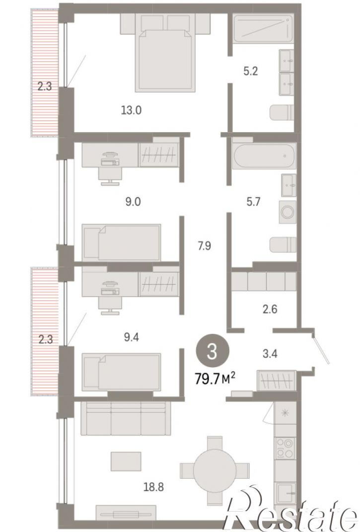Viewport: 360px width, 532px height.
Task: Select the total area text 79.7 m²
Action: tap(215, 378)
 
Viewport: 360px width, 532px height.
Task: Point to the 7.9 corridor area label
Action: tap(205, 245)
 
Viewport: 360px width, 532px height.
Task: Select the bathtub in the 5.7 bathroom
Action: tap(264, 155)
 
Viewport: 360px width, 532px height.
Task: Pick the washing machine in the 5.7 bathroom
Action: tap(288, 212)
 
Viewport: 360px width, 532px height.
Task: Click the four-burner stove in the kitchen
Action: tap(285, 448)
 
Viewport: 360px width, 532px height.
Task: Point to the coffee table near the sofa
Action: tap(126, 461)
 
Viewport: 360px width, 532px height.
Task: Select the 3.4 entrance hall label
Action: tap(270, 354)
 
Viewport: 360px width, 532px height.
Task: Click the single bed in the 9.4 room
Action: tap(122, 372)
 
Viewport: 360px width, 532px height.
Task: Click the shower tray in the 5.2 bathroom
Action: tap(263, 28)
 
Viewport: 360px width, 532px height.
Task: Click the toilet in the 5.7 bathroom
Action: tap(283, 244)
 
